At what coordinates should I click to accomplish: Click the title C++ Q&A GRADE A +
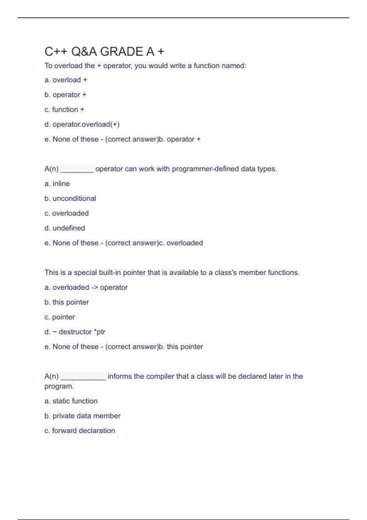[x=104, y=51]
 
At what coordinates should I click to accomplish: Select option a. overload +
[x=66, y=80]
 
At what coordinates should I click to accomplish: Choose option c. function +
[x=64, y=110]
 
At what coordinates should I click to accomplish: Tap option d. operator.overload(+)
[x=82, y=124]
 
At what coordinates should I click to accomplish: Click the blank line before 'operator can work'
[x=77, y=170]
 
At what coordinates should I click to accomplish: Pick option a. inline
[x=57, y=184]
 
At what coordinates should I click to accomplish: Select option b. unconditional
[x=70, y=198]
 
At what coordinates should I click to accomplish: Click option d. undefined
[x=65, y=228]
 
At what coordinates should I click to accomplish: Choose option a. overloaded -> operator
[x=86, y=287]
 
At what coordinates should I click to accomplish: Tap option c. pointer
[x=60, y=317]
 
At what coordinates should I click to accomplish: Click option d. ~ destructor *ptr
[x=75, y=332]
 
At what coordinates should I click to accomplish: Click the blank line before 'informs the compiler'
[x=83, y=378]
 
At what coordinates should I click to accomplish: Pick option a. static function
[x=71, y=401]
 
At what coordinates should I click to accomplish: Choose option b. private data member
[x=82, y=416]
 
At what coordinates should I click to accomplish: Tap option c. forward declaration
[x=80, y=430]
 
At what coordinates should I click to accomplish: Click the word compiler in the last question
[x=162, y=376]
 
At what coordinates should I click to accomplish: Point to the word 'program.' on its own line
[x=59, y=386]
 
